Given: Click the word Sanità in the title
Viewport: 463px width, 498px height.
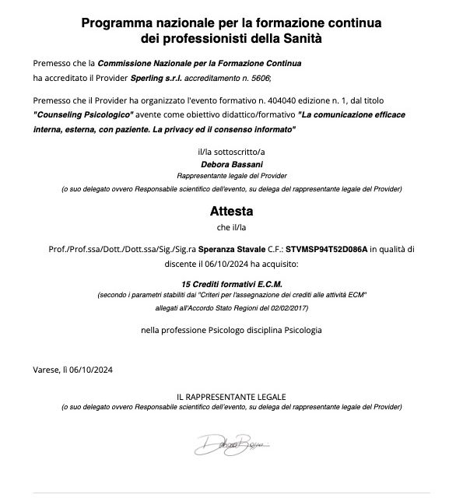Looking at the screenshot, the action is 300,37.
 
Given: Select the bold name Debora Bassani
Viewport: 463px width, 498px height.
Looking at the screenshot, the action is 231,164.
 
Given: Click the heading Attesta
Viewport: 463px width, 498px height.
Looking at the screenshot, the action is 231,211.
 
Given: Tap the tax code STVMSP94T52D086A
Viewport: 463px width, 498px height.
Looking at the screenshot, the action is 327,249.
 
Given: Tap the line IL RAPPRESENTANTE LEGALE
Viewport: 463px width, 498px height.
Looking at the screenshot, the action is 231,398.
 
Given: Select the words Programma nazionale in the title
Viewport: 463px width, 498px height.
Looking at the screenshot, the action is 146,23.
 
